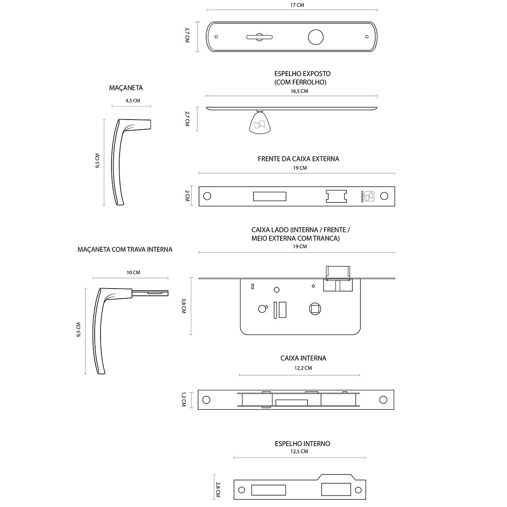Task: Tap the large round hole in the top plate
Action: coord(315,37)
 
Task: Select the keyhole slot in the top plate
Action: coord(259,38)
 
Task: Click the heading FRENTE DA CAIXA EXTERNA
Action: coord(298,159)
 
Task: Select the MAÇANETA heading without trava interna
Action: coord(126,88)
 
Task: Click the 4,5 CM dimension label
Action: coord(132,101)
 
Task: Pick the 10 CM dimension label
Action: coord(133,273)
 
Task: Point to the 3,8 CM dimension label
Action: coord(183,306)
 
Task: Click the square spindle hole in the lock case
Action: coord(315,309)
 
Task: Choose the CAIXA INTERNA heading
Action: coord(303,358)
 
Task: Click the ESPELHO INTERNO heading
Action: coord(303,444)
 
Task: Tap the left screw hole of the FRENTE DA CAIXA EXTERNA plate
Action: coord(207,196)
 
